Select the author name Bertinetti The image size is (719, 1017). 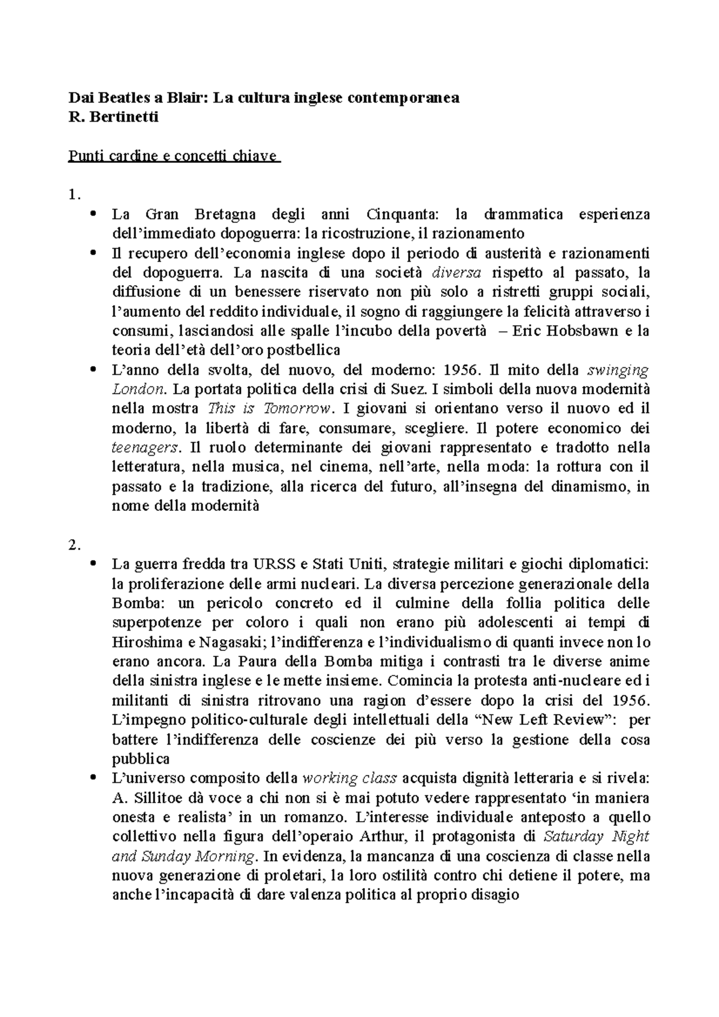pyautogui.click(x=122, y=117)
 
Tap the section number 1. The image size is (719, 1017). pyautogui.click(x=74, y=195)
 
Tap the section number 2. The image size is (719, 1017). pyautogui.click(x=74, y=544)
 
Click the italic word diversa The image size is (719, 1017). pyautogui.click(x=456, y=273)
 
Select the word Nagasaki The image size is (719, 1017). pyautogui.click(x=229, y=643)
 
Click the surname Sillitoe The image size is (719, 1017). pyautogui.click(x=158, y=798)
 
